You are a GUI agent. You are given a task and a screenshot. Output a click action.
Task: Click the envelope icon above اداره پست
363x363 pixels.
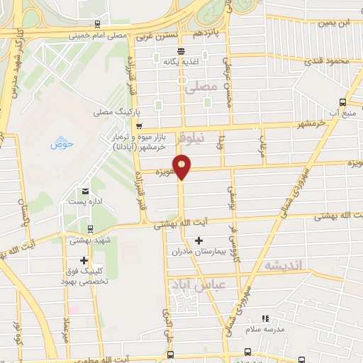(86, 191)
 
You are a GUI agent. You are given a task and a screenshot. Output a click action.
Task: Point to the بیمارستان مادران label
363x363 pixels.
(199, 251)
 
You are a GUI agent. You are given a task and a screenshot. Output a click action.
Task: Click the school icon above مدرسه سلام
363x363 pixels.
(265, 320)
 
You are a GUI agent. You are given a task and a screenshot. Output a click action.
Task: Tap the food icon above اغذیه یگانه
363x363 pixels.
(181, 51)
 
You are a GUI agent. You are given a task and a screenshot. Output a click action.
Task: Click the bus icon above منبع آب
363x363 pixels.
(343, 102)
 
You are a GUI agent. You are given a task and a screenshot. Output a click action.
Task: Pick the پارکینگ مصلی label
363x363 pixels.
(113, 112)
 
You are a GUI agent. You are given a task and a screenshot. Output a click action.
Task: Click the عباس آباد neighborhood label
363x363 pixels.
(187, 284)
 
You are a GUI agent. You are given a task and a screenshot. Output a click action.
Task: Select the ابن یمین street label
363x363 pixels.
(335, 23)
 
